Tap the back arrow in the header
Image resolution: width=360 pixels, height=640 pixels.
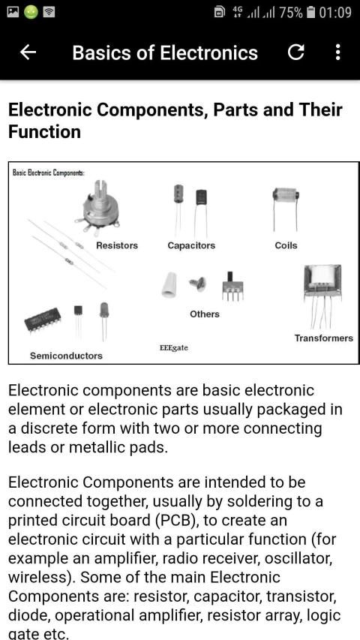[x=28, y=53]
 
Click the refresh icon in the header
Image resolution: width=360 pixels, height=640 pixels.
[x=295, y=53]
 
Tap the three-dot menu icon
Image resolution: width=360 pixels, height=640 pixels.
[x=337, y=53]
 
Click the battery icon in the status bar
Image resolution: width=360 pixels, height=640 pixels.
[x=311, y=12]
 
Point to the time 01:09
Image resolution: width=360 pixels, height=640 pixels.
[x=335, y=12]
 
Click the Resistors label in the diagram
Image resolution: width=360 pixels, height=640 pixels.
[x=117, y=245]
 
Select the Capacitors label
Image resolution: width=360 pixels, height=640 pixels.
[x=191, y=245]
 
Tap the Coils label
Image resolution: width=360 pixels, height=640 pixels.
[x=286, y=245]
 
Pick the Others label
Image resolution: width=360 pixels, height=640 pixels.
[x=205, y=314]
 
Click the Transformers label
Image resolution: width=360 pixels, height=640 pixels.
[x=324, y=338]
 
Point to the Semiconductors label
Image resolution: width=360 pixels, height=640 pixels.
[x=66, y=356]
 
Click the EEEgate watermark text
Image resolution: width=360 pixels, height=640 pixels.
[x=173, y=348]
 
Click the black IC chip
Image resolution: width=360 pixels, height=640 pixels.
[x=43, y=320]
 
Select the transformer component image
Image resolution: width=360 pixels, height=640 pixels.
[x=322, y=295]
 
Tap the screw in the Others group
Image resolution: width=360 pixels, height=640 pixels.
[x=198, y=284]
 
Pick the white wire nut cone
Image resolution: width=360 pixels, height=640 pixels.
[x=169, y=285]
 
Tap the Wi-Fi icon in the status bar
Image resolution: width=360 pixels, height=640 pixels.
[x=49, y=12]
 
